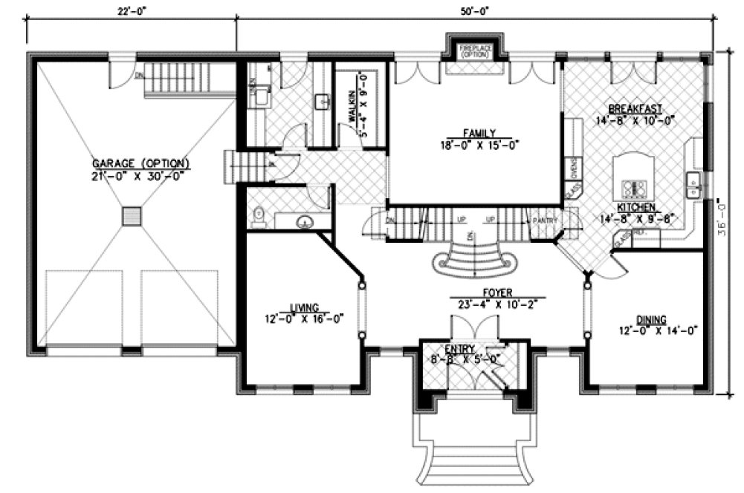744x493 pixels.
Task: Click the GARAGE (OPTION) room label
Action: [140, 163]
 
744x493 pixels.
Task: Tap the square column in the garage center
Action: [132, 217]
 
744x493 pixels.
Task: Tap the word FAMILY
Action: [476, 134]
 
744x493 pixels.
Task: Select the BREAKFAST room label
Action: [634, 107]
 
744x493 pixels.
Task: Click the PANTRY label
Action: [540, 220]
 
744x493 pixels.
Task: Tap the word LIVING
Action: [305, 307]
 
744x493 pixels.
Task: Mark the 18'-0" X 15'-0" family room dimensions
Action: [476, 146]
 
